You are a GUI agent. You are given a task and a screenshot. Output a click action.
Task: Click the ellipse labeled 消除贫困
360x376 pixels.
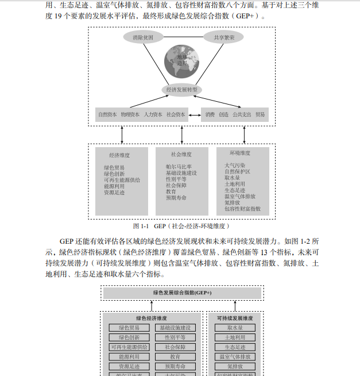click(x=143, y=38)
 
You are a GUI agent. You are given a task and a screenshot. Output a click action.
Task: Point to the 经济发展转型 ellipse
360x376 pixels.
click(x=181, y=90)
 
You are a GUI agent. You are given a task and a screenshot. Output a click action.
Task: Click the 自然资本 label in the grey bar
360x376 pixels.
click(x=107, y=114)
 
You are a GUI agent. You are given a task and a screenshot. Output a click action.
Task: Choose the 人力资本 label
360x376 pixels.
click(x=153, y=114)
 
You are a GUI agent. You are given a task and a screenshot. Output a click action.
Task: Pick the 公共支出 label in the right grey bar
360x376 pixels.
click(x=242, y=114)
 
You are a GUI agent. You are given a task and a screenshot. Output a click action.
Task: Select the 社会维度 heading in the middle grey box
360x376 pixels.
click(x=181, y=155)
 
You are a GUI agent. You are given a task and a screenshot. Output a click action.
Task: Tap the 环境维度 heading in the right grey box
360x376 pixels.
click(x=239, y=154)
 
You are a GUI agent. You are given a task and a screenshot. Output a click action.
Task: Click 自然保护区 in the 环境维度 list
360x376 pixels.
click(x=237, y=171)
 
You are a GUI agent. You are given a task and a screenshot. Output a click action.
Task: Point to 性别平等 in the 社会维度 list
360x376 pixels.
click(x=176, y=179)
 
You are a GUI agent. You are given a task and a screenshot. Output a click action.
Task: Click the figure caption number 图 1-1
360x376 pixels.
click(x=141, y=226)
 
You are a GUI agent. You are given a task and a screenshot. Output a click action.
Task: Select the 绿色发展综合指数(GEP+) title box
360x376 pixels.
click(x=182, y=293)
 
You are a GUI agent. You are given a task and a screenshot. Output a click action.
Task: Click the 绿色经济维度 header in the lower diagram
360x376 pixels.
click(x=152, y=317)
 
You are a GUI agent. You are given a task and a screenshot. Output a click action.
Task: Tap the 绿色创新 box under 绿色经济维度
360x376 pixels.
click(x=129, y=337)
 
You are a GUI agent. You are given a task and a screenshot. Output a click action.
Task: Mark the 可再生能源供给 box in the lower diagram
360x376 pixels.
click(x=129, y=347)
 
